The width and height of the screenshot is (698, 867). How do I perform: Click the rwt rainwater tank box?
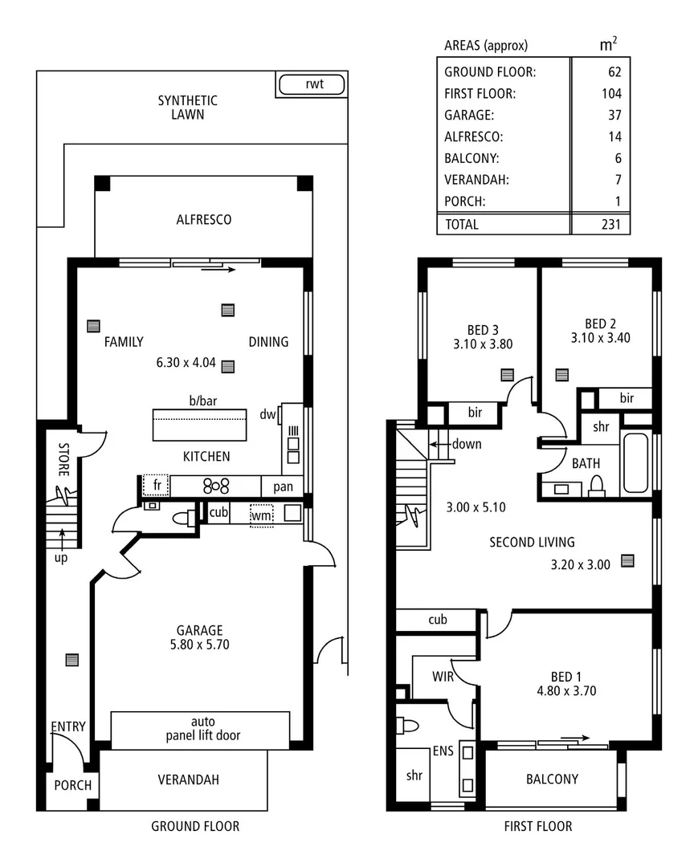click(312, 84)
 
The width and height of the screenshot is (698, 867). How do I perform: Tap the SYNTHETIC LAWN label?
click(187, 108)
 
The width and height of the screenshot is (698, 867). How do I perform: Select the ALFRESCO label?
click(204, 219)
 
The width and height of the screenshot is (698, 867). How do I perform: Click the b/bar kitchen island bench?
click(199, 425)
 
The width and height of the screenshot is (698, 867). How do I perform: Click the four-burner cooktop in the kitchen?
click(216, 486)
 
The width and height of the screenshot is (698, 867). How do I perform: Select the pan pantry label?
click(283, 486)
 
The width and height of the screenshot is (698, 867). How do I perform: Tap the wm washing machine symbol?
click(261, 514)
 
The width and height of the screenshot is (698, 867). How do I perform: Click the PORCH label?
click(73, 785)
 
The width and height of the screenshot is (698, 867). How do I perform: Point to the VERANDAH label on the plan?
click(188, 779)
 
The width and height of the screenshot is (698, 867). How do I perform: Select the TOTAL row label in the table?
click(461, 225)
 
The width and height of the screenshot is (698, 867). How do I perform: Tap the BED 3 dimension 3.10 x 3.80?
click(483, 344)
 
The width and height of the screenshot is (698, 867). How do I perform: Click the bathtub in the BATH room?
click(635, 463)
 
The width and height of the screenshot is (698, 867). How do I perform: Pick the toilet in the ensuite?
click(407, 726)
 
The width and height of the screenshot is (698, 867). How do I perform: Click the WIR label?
click(443, 677)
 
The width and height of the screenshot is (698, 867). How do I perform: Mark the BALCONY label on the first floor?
click(552, 779)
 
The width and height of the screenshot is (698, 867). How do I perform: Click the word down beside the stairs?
click(466, 444)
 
